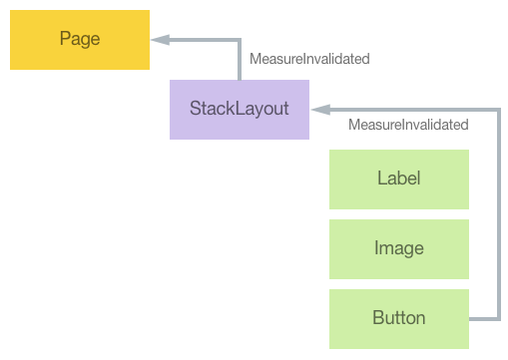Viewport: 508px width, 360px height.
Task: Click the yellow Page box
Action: pyautogui.click(x=80, y=40)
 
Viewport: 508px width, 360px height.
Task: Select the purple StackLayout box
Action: pyautogui.click(x=240, y=109)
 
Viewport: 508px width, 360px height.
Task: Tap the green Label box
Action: pyautogui.click(x=399, y=180)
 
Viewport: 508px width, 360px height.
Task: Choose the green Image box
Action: pyautogui.click(x=399, y=248)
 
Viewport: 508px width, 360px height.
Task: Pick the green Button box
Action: pyautogui.click(x=399, y=318)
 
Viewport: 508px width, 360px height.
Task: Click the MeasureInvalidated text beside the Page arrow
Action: pyautogui.click(x=309, y=59)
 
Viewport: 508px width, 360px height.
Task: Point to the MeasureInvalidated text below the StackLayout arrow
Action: pyautogui.click(x=408, y=126)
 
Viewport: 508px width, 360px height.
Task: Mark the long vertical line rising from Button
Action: pyautogui.click(x=497, y=214)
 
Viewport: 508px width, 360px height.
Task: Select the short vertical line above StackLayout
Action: pyautogui.click(x=240, y=60)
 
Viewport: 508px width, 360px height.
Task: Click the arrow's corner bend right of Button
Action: pyautogui.click(x=497, y=318)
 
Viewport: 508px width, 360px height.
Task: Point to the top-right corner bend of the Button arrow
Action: pyautogui.click(x=497, y=109)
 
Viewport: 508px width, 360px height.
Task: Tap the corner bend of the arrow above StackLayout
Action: pyautogui.click(x=240, y=40)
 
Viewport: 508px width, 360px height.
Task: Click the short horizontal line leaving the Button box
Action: pyautogui.click(x=483, y=318)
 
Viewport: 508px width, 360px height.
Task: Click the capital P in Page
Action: pyautogui.click(x=65, y=40)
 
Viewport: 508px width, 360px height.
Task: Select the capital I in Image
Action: pyautogui.click(x=376, y=248)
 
